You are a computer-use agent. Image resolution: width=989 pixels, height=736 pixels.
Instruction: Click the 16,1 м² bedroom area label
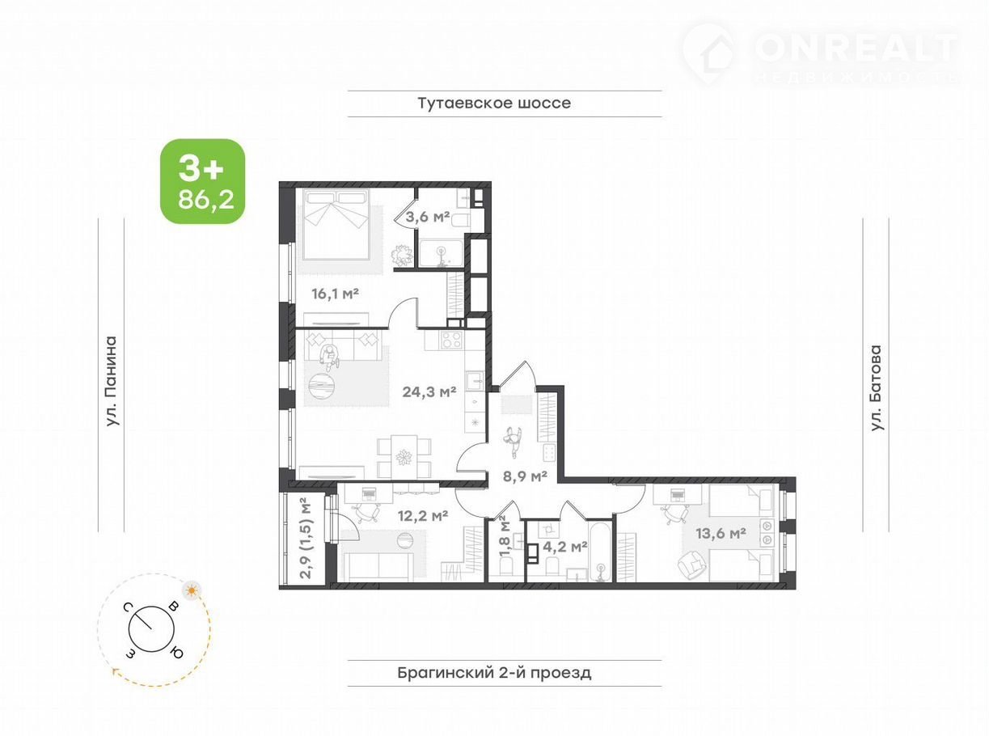click(335, 294)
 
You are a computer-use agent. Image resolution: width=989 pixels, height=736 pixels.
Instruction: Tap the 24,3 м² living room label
click(429, 391)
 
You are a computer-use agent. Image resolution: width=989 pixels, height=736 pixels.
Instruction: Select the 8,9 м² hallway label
click(525, 476)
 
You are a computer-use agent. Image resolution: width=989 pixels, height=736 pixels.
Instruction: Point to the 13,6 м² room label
click(721, 533)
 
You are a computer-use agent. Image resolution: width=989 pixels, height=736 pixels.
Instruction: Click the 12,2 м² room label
click(423, 516)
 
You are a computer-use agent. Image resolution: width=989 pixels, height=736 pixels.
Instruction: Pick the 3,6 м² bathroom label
click(427, 217)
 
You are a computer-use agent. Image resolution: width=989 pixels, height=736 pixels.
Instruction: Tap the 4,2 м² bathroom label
click(564, 546)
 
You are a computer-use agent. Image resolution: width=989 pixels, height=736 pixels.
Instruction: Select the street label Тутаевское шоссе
click(495, 103)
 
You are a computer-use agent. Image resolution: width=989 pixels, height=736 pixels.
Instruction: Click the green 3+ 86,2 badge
click(203, 181)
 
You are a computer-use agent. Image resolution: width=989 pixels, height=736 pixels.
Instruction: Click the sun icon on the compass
click(192, 590)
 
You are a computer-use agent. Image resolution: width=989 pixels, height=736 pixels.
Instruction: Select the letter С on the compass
click(128, 607)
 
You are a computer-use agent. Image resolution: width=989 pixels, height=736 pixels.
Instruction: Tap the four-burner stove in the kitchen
click(452, 340)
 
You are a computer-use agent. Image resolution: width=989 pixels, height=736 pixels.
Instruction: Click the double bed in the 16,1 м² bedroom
click(336, 224)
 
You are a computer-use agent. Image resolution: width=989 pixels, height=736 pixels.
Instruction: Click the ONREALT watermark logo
click(819, 54)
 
